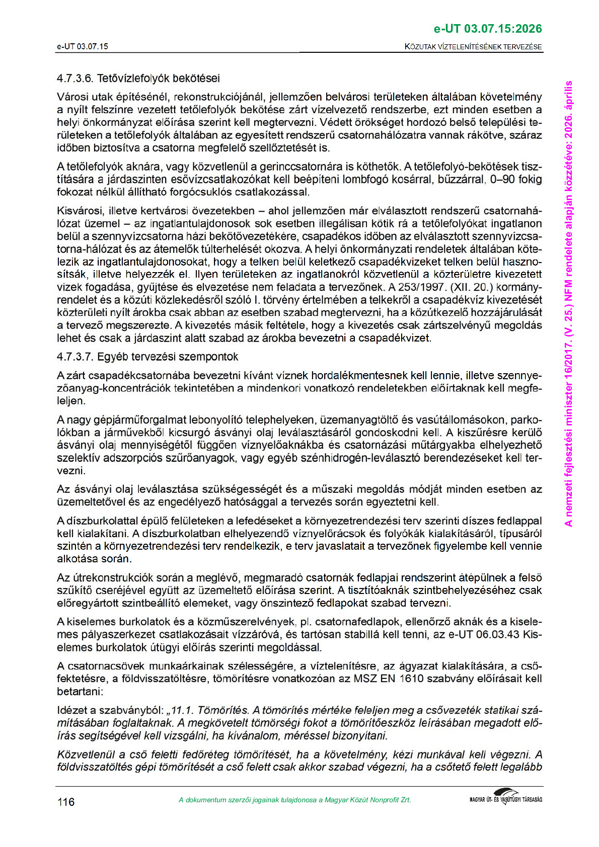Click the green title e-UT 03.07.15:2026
488,29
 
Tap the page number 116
66,802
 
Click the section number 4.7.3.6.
75,78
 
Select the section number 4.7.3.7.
75,357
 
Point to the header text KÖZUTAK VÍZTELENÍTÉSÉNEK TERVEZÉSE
473,47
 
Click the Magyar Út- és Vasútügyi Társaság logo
505,798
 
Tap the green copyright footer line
294,800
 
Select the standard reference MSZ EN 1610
386,679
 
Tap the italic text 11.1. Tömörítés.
210,711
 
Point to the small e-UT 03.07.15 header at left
82,47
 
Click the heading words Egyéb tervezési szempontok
168,357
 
